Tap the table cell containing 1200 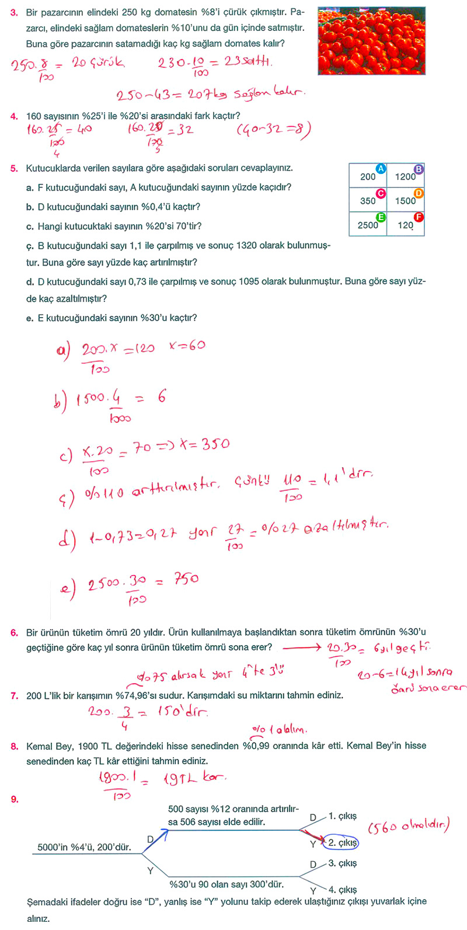(406, 176)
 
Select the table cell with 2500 (368, 224)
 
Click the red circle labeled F (419, 217)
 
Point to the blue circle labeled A (381, 169)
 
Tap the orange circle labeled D (419, 193)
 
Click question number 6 (14, 632)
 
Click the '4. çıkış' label (343, 890)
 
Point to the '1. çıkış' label (343, 816)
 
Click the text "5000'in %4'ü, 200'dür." (84, 847)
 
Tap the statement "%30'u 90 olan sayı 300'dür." (226, 884)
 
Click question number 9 (14, 799)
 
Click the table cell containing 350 (368, 200)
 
